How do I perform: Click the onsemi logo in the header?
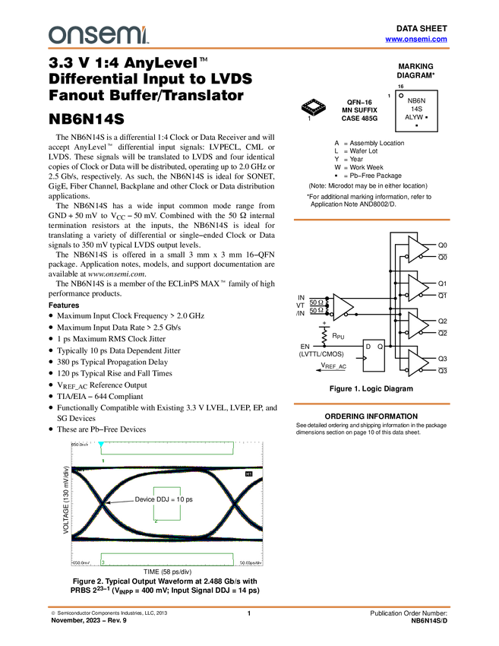pyautogui.click(x=98, y=34)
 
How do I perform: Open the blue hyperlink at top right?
pyautogui.click(x=416, y=40)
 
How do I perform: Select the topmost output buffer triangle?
pyautogui.click(x=417, y=249)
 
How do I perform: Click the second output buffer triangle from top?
pyautogui.click(x=417, y=288)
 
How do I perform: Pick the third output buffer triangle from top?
pyautogui.click(x=417, y=325)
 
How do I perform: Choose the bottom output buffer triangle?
pyautogui.click(x=417, y=364)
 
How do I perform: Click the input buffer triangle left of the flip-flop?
pyautogui.click(x=342, y=306)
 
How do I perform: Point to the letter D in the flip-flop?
pyautogui.click(x=368, y=347)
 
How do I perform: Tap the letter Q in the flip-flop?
pyautogui.click(x=380, y=347)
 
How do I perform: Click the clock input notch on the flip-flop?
pyautogui.click(x=366, y=358)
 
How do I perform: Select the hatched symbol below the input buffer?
pyautogui.click(x=324, y=337)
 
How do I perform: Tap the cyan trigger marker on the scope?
pyautogui.click(x=101, y=443)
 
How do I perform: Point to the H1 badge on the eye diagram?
pyautogui.click(x=248, y=473)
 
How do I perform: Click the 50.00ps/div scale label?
pyautogui.click(x=251, y=562)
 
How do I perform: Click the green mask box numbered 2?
pyautogui.click(x=167, y=503)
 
